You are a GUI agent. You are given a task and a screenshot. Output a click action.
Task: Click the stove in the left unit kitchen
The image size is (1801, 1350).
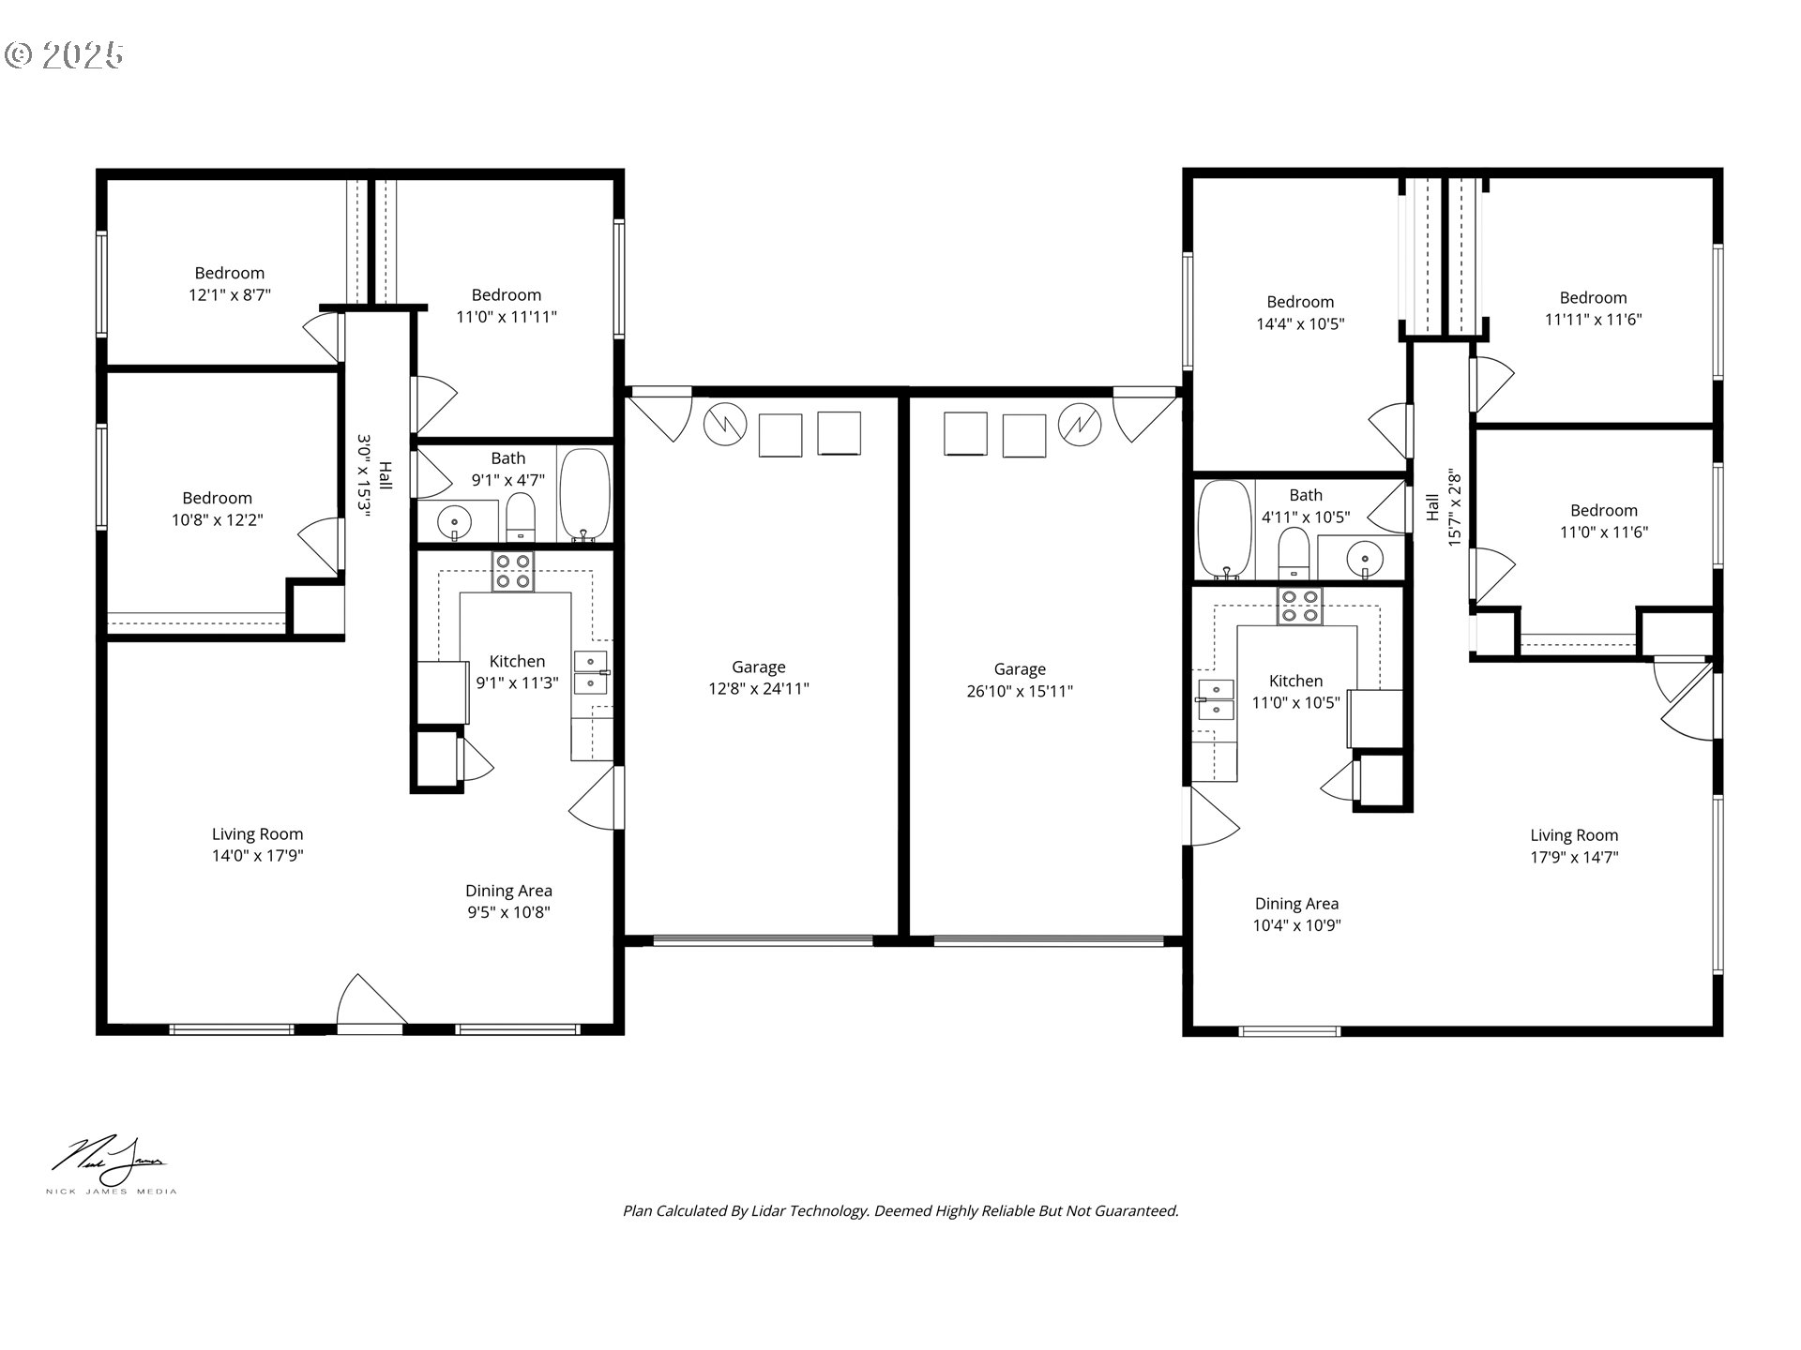513,572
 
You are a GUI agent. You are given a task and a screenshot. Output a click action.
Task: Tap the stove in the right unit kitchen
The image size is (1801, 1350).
1298,606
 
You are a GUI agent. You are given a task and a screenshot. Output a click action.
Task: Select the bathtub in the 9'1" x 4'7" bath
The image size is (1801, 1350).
584,494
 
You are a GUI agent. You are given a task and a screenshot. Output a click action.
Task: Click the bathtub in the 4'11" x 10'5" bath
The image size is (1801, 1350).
1224,530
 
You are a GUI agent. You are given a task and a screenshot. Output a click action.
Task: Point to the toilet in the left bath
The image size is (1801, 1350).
521,518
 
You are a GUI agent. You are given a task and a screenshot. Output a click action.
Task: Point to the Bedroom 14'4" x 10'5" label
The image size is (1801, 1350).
1300,313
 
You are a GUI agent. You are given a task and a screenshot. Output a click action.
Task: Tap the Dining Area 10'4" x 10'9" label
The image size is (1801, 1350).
1296,914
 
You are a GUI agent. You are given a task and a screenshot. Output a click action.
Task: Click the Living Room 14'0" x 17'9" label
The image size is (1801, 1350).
257,845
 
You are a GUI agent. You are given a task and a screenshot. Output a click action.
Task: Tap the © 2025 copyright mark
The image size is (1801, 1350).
64,55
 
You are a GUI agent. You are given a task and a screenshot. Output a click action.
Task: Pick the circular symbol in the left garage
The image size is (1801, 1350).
724,424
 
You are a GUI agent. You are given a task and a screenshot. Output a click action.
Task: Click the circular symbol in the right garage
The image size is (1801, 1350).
1079,425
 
